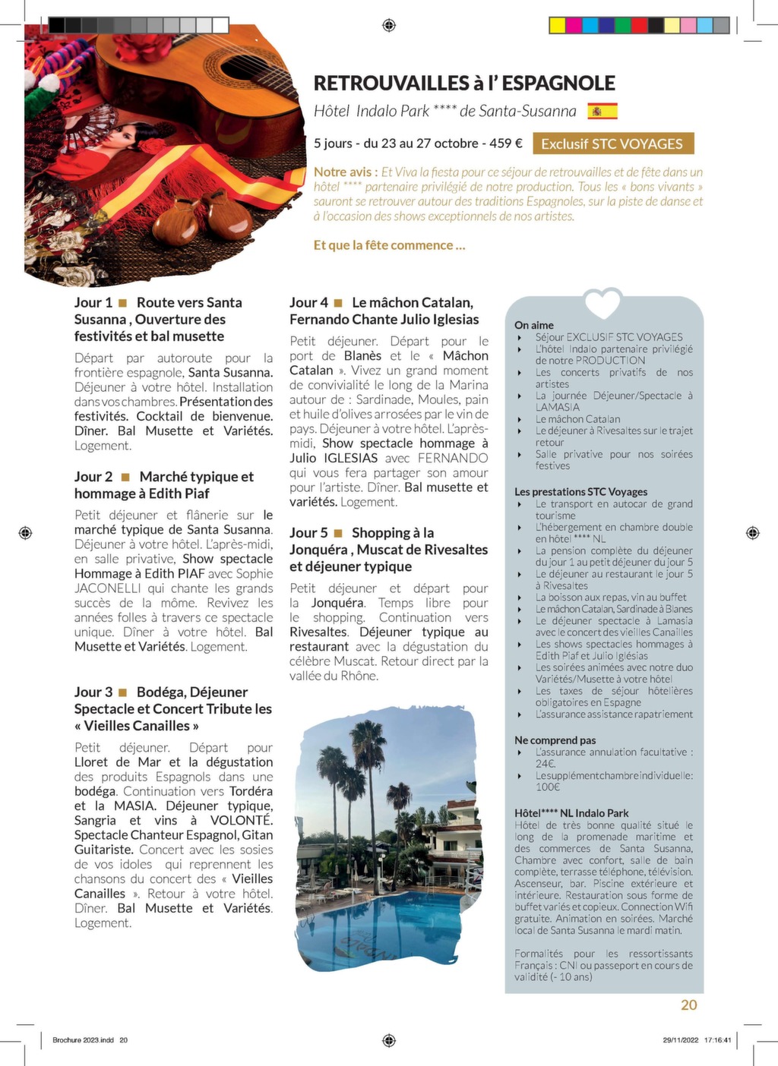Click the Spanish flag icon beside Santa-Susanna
click(x=602, y=111)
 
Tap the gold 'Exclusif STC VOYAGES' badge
click(x=612, y=143)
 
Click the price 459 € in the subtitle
click(x=506, y=143)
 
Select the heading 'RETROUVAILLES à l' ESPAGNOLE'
click(x=464, y=84)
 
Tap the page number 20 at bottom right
click(x=688, y=1004)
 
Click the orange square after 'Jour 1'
click(x=123, y=303)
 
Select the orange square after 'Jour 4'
click(x=339, y=303)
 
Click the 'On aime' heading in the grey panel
click(x=534, y=325)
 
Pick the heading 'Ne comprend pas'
click(x=555, y=740)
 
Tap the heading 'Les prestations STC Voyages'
click(x=580, y=492)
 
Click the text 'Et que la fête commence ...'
click(x=389, y=245)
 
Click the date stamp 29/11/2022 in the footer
click(x=681, y=1040)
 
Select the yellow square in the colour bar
click(x=557, y=26)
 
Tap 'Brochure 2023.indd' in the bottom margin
click(x=83, y=1040)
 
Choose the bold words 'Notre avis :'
click(x=346, y=172)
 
